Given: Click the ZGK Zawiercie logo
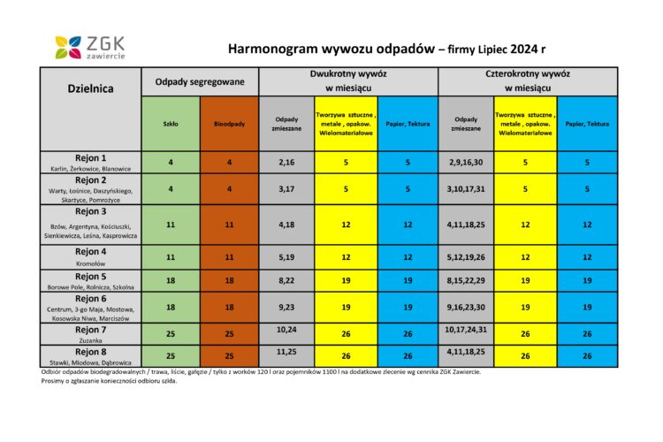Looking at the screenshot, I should click(89, 47).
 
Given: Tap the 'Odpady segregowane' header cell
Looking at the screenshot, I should click(200, 81).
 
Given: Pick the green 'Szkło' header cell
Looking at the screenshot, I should click(171, 123).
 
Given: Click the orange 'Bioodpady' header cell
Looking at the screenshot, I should click(229, 123).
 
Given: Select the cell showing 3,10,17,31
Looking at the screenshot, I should click(467, 189).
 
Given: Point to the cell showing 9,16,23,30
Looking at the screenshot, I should click(467, 307).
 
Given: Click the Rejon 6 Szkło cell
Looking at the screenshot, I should click(171, 307).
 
